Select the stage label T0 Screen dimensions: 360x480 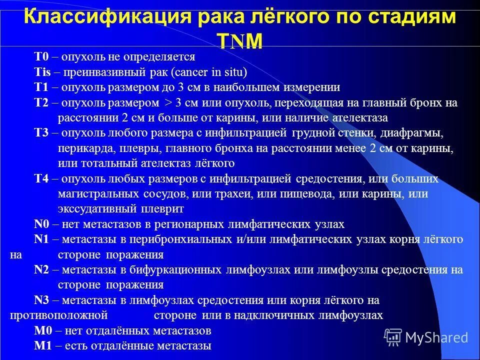41,57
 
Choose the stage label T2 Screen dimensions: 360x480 41,103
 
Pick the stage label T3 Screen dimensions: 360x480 41,133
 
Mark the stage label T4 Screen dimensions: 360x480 41,178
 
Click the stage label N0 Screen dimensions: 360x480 41,224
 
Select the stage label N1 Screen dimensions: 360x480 41,239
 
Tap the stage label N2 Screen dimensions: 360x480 41,270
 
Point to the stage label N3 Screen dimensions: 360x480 41,300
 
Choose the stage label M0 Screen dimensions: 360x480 42,330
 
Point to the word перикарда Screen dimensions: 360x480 82,148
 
